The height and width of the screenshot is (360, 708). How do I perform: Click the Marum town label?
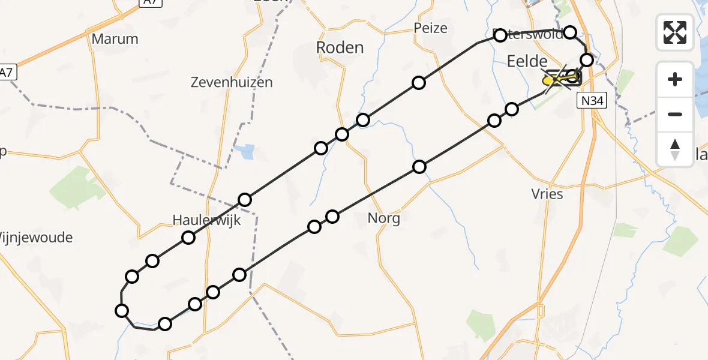(x=115, y=39)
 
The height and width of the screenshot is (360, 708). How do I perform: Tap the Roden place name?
(x=340, y=47)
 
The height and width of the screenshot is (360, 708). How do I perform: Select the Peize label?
(x=431, y=28)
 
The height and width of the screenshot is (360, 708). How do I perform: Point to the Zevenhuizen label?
(x=232, y=83)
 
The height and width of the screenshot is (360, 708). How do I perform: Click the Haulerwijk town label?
(x=206, y=220)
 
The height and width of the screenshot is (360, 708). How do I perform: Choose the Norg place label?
(x=384, y=218)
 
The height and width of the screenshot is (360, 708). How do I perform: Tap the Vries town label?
(x=547, y=194)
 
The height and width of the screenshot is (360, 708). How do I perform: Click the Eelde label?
(x=527, y=61)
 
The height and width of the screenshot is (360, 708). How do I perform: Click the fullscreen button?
(x=675, y=32)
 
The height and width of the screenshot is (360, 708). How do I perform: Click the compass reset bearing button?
(x=675, y=149)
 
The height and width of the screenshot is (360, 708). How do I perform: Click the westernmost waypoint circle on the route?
(x=122, y=310)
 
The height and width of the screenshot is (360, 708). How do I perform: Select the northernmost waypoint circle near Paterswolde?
(x=570, y=32)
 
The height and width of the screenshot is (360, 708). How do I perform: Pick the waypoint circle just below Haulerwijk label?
(x=188, y=238)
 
